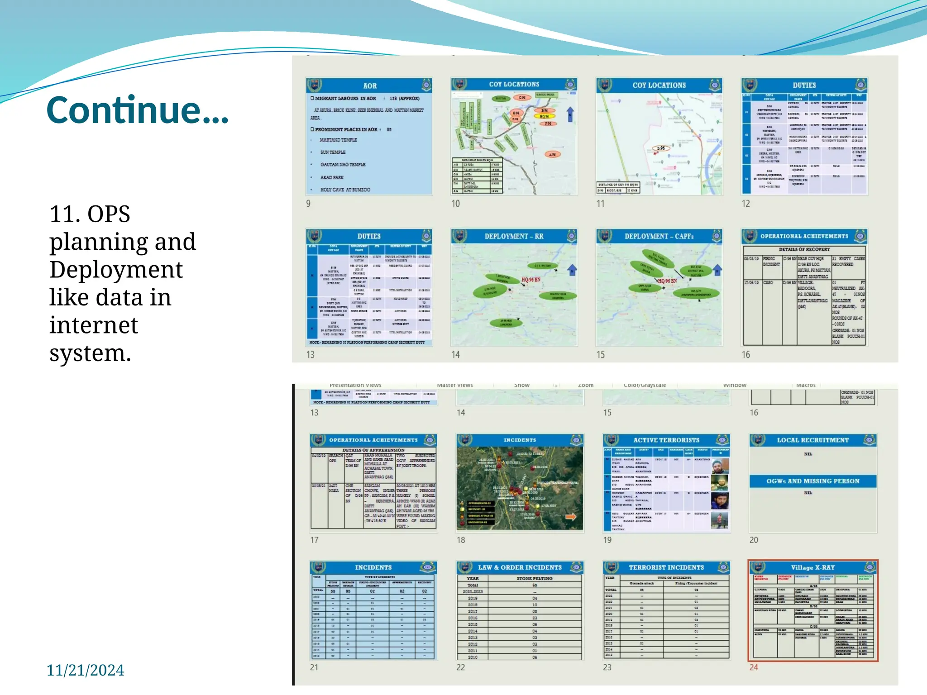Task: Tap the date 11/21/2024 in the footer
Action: (x=85, y=670)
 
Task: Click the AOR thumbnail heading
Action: (x=369, y=86)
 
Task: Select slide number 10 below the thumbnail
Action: (x=455, y=204)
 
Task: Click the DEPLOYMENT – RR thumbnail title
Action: (x=514, y=236)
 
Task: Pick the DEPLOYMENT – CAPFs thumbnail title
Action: (x=659, y=236)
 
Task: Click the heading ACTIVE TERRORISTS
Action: (x=666, y=440)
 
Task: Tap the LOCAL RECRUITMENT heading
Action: (x=812, y=440)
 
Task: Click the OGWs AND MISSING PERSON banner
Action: (x=812, y=481)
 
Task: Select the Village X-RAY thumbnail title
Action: (x=812, y=567)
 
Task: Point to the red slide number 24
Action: (x=754, y=667)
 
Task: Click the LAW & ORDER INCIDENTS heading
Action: (x=520, y=567)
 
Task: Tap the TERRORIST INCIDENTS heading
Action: (x=666, y=567)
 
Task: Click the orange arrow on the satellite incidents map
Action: (x=571, y=517)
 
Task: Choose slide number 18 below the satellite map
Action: (x=461, y=540)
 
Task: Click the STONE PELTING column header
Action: (x=534, y=578)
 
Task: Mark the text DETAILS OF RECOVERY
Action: (x=804, y=249)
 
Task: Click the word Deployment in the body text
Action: (x=116, y=270)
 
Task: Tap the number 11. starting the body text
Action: (x=63, y=214)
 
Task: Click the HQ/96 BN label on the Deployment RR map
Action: (x=530, y=280)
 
